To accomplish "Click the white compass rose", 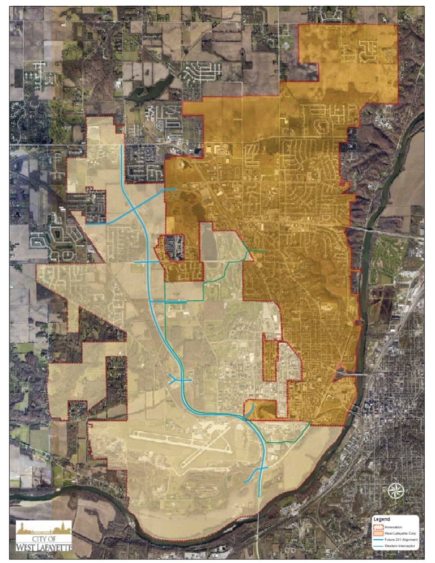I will [395, 490].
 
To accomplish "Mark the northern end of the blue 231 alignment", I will [122, 146].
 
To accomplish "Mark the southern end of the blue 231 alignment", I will [259, 496].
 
